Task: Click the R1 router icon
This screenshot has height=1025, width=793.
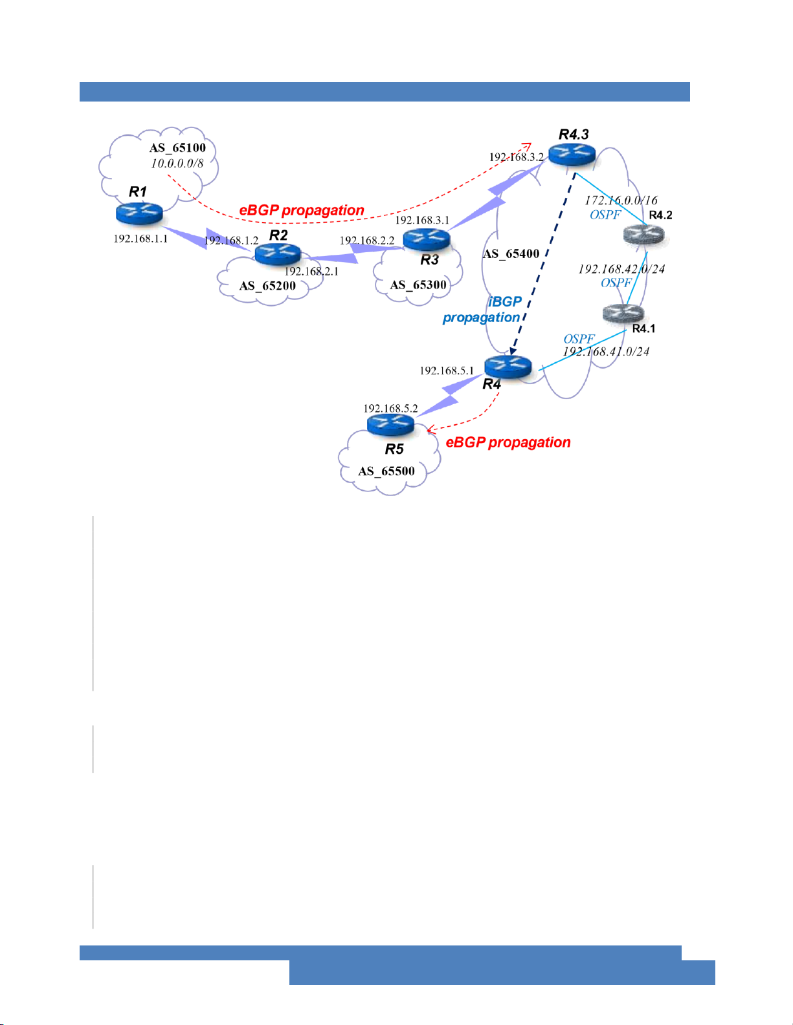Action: click(139, 213)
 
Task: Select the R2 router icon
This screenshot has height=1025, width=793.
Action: click(278, 254)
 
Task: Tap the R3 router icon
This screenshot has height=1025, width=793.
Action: click(426, 239)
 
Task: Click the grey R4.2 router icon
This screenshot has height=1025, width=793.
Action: click(644, 235)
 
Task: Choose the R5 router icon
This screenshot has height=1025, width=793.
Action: click(390, 425)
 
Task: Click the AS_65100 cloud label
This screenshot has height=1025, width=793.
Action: click(177, 148)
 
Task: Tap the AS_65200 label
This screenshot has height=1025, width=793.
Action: click(267, 286)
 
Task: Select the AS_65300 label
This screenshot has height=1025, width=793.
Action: click(418, 285)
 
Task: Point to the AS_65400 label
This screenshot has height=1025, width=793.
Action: click(511, 254)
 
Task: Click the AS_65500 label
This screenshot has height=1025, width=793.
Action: click(386, 471)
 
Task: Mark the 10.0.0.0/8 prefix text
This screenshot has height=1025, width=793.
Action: click(177, 164)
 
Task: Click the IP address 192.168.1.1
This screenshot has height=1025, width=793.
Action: click(140, 239)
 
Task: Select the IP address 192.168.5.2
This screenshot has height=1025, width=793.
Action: click(390, 409)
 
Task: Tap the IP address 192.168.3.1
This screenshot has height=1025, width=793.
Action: click(422, 221)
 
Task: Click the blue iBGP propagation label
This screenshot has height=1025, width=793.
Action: click(482, 310)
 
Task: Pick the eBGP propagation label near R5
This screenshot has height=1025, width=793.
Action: click(508, 442)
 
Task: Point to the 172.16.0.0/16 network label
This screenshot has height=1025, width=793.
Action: click(621, 200)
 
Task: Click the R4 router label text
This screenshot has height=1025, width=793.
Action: click(491, 384)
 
